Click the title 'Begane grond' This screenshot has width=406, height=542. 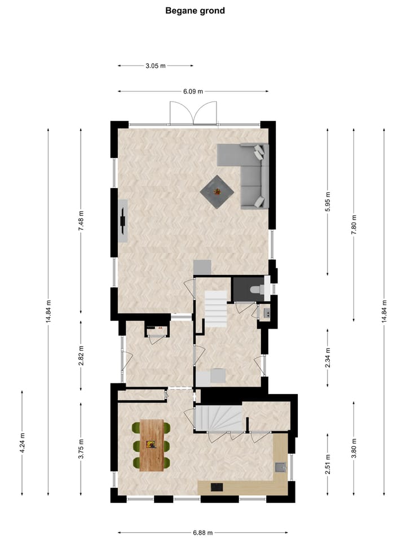[195, 11]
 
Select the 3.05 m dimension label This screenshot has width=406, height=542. [155, 65]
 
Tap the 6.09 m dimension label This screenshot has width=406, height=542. [193, 91]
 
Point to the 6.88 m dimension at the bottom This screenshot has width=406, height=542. [202, 532]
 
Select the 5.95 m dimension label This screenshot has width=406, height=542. [328, 202]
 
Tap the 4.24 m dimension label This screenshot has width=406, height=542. [22, 442]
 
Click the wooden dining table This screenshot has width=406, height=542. [152, 445]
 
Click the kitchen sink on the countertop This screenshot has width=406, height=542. [280, 467]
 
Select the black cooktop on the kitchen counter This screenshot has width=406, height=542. [217, 487]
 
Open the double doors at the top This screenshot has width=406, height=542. [193, 112]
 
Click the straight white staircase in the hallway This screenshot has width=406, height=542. [215, 309]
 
